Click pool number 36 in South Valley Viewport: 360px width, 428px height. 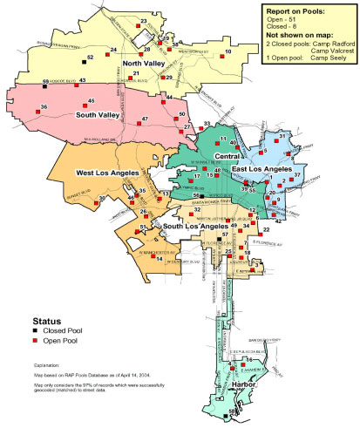click(x=44, y=107)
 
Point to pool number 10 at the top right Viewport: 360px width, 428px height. click(x=228, y=52)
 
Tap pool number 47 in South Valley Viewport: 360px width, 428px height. click(x=145, y=119)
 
